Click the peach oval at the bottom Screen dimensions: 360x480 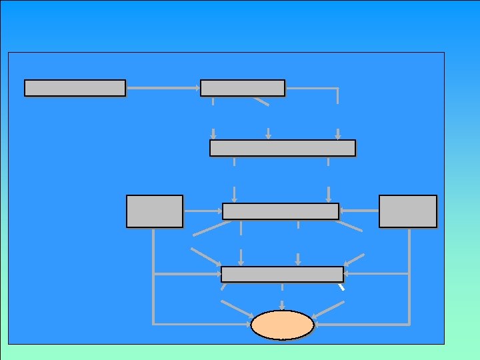tap(282, 325)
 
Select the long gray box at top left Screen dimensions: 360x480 tap(75, 88)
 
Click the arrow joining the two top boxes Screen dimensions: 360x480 tap(163, 87)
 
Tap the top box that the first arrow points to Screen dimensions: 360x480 tap(243, 88)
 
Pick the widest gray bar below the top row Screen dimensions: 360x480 tap(283, 147)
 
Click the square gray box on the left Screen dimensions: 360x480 tap(155, 211)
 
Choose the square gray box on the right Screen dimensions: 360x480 tap(408, 211)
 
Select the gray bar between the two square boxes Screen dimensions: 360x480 tap(281, 211)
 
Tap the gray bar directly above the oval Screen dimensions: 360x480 tap(282, 274)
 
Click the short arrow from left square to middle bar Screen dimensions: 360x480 tap(203, 211)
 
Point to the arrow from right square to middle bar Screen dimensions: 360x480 tap(359, 211)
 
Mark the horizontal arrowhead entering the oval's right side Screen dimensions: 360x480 tap(318, 324)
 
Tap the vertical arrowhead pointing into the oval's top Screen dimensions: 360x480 tap(283, 307)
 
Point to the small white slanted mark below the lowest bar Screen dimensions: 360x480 tap(341, 288)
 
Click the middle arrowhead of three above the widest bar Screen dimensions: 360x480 tap(268, 133)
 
